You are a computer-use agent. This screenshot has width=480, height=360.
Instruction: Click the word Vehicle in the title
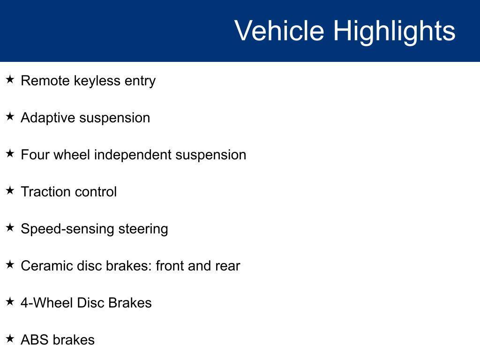click(x=279, y=30)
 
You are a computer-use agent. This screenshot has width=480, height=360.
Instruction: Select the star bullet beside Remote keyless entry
click(x=10, y=79)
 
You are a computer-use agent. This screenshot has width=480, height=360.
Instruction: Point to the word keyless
click(x=97, y=81)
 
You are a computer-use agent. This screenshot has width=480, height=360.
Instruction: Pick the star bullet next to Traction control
click(x=10, y=190)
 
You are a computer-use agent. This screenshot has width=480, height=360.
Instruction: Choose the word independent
click(x=133, y=155)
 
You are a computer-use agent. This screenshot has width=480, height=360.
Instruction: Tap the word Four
click(x=35, y=155)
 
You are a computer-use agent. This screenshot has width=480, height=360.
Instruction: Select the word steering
click(x=143, y=229)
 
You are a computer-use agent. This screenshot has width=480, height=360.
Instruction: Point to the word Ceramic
click(x=47, y=266)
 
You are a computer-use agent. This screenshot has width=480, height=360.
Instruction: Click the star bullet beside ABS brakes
click(x=10, y=338)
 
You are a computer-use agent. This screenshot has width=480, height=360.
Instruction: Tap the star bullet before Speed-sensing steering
click(x=10, y=227)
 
